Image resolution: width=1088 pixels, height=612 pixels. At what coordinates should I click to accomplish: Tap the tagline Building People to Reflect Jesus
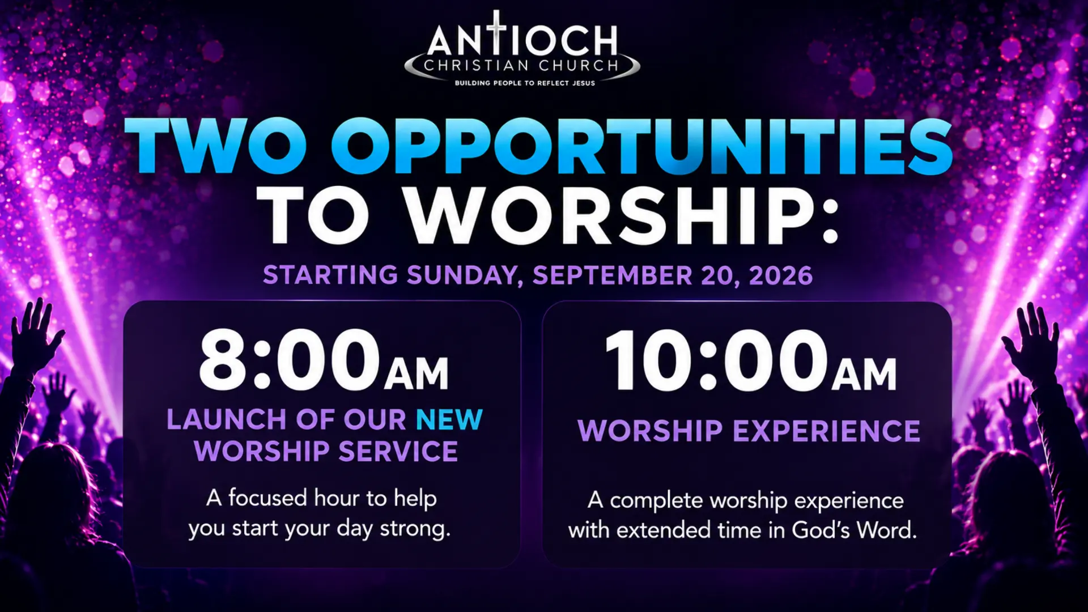pos(525,83)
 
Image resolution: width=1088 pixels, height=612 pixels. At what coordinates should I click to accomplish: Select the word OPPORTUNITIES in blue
pos(642,146)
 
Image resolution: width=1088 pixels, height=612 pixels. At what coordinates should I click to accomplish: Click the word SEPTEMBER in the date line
pos(613,275)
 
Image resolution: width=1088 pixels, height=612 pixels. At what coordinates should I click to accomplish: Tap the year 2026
pos(781,275)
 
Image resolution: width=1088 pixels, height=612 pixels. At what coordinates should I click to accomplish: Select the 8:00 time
pos(290,359)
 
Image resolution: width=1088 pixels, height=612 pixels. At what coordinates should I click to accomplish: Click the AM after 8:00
pos(416,373)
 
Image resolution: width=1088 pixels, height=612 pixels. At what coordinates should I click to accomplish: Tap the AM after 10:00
pos(865,374)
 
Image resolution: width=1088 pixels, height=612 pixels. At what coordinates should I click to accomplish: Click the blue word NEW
pos(449,420)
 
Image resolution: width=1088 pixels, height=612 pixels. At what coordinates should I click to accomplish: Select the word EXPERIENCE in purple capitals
pos(827,431)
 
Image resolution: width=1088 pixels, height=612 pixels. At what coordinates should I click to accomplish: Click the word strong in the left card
pos(415,529)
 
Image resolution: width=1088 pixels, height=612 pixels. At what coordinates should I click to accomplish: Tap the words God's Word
pos(854,530)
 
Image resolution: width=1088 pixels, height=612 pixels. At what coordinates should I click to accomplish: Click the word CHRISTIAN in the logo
pos(476,66)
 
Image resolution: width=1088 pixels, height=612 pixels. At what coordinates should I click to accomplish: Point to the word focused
pos(267,498)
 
